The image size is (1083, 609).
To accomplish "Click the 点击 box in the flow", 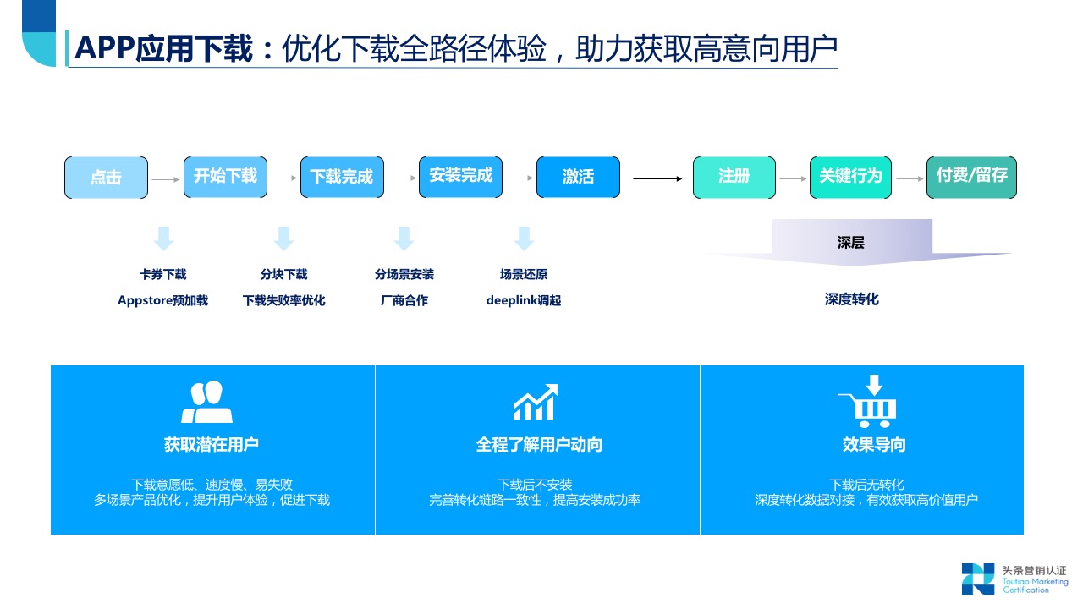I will pyautogui.click(x=106, y=178).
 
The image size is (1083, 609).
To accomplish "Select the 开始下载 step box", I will pyautogui.click(x=225, y=177).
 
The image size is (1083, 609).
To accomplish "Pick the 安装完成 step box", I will pyautogui.click(x=460, y=177).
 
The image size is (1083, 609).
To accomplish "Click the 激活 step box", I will pyautogui.click(x=578, y=178).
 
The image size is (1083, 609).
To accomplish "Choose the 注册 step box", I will pyautogui.click(x=734, y=177).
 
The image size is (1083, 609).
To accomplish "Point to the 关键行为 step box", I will pyautogui.click(x=850, y=177).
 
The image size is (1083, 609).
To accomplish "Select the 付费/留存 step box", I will pyautogui.click(x=971, y=177).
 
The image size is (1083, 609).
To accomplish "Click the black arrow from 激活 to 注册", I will pyautogui.click(x=657, y=178).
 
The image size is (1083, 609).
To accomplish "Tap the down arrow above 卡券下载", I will pyautogui.click(x=163, y=239).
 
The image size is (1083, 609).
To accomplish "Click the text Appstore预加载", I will pyautogui.click(x=162, y=300).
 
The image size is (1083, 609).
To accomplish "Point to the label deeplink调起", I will pyautogui.click(x=524, y=300).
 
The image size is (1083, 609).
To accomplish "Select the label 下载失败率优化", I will pyautogui.click(x=283, y=300).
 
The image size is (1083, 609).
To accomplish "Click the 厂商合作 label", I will pyautogui.click(x=404, y=300).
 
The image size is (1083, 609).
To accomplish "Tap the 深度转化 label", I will pyautogui.click(x=852, y=299).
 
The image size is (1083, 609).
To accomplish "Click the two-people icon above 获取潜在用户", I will pyautogui.click(x=206, y=403).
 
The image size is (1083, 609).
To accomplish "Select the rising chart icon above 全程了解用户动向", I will pyautogui.click(x=536, y=403).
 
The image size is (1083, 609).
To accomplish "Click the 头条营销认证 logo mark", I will pyautogui.click(x=977, y=579).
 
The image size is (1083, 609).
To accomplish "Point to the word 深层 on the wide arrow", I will pyautogui.click(x=851, y=244).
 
